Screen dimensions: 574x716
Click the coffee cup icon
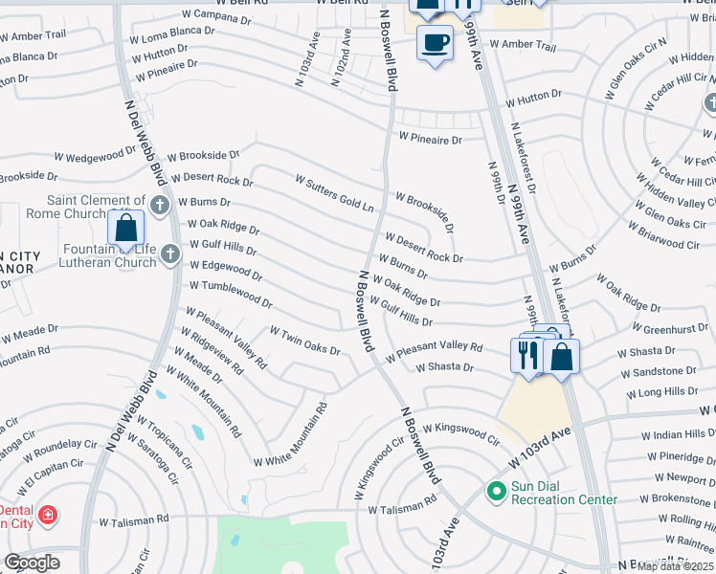tap(435, 43)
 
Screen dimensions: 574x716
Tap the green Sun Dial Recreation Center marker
tap(496, 492)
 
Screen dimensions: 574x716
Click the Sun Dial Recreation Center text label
tap(563, 493)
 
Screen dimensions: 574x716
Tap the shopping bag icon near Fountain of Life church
tap(125, 229)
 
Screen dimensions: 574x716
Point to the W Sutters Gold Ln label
tap(334, 193)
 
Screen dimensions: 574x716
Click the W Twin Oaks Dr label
tap(305, 341)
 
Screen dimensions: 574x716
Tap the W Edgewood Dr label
tap(226, 271)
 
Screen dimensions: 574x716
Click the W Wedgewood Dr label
tap(96, 154)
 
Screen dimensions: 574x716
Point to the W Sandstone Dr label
tap(657, 370)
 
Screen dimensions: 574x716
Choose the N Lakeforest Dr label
tap(524, 158)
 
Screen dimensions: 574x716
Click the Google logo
tap(32, 563)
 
